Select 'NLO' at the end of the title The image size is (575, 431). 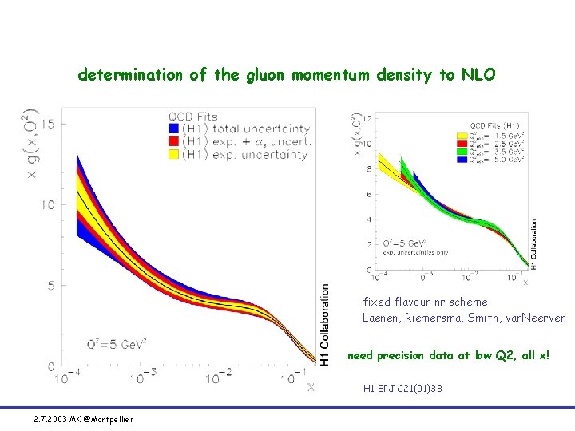tap(477, 75)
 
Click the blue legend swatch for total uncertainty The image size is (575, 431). tap(173, 129)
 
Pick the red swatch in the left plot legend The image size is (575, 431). tap(173, 142)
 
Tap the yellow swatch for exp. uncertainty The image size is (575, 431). tap(173, 155)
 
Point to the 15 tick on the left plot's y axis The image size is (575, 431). tap(47, 123)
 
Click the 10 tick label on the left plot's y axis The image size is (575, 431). tap(47, 204)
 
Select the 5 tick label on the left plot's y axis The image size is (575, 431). tap(50, 285)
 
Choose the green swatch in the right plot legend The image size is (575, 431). tap(462, 153)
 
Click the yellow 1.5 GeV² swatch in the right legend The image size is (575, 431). tap(462, 135)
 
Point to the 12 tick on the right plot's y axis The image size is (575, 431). tap(367, 118)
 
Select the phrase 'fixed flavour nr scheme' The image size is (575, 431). tap(425, 302)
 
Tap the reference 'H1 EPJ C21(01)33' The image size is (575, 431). tap(402, 389)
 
